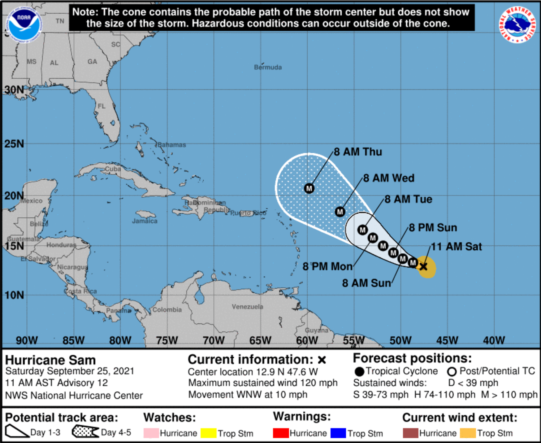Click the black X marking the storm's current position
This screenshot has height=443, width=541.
423,266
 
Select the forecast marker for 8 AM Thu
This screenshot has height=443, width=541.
309,188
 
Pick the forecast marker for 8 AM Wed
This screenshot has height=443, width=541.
340,212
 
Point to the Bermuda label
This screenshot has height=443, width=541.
268,67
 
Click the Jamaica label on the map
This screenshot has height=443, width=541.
145,221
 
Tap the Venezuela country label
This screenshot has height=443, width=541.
247,307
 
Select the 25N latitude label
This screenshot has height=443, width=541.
14,144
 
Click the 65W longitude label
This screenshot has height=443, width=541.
260,340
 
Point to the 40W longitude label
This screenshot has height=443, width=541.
494,340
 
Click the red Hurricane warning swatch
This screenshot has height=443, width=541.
281,433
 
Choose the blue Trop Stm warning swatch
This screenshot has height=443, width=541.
338,433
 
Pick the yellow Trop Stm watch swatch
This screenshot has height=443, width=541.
208,433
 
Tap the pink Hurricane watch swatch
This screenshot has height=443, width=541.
151,433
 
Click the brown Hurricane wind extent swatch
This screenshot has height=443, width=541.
410,433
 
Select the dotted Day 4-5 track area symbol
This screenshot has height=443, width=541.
85,432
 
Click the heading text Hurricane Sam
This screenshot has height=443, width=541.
50,360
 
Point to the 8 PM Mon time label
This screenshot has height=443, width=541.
327,266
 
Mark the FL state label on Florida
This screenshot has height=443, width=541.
102,106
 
